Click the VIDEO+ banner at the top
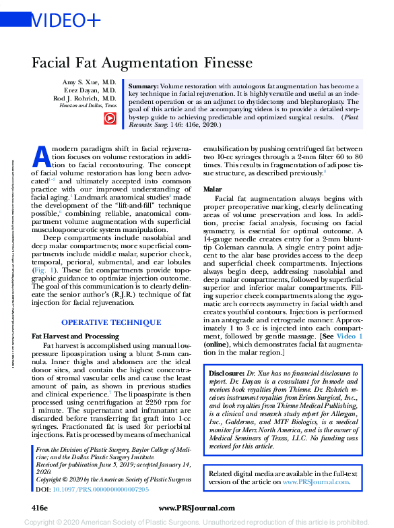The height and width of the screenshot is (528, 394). [67, 21]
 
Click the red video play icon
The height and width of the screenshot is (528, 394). [108, 118]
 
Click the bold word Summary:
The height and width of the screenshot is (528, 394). [143, 88]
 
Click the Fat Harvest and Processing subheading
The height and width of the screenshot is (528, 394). [75, 335]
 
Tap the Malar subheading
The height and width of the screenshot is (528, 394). [213, 190]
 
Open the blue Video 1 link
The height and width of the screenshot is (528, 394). [350, 335]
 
